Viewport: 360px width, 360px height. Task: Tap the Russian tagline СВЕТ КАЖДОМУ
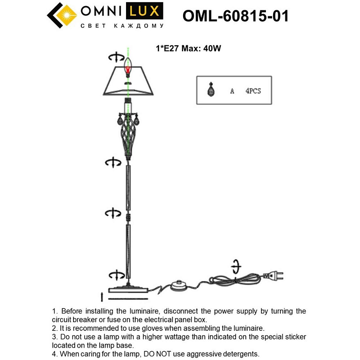click(122, 26)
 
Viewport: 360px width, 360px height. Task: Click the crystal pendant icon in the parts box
click(210, 91)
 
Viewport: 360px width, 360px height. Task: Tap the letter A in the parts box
click(232, 91)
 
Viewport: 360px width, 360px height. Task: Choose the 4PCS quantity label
click(253, 91)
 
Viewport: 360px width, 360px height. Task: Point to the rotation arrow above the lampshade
click(116, 57)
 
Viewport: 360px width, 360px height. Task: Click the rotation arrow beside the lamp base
click(116, 274)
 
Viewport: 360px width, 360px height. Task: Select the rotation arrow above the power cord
click(236, 266)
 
